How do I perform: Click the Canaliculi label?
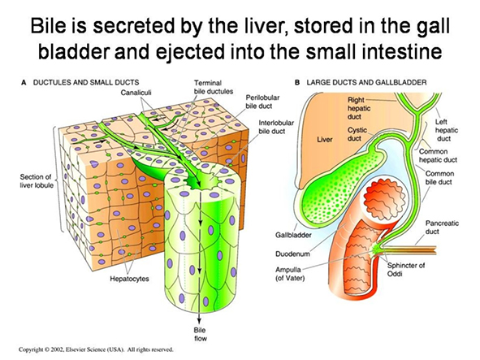pos(136,92)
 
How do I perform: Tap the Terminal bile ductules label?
pos(214,87)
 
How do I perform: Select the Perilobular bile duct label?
pos(262,102)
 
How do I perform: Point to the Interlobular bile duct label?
pos(276,127)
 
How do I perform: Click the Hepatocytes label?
pos(129,279)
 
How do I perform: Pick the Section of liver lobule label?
pos(37,181)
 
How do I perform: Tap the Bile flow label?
pos(200,334)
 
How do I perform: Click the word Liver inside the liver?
pos(325,140)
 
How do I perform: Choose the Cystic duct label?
pos(357,134)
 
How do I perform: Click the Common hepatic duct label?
pos(438,156)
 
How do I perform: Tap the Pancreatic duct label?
pos(442,228)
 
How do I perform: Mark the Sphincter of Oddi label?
pos(406,269)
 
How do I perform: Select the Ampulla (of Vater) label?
pos(290,274)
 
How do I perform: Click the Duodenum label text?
pos(292,254)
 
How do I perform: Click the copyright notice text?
pos(96,349)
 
